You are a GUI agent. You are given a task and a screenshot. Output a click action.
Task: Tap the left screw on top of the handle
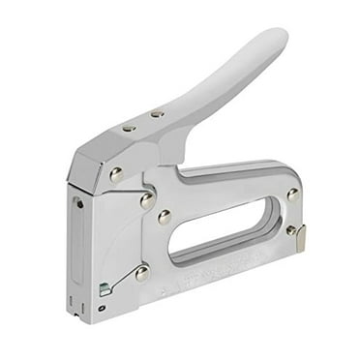[x=130, y=127]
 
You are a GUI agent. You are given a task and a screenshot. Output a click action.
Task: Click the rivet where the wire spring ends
[x=142, y=273]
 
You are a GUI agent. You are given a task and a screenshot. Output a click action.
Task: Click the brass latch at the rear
[x=301, y=238]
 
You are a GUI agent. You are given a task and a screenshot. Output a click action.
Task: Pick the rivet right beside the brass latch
[x=291, y=230]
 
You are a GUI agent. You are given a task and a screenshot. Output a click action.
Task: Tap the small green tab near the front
[x=105, y=288]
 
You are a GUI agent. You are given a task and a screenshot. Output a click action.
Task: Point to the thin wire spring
[x=123, y=281]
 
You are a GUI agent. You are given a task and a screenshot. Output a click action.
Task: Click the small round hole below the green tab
[x=102, y=309]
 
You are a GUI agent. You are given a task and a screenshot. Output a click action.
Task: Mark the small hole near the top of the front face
[x=79, y=203]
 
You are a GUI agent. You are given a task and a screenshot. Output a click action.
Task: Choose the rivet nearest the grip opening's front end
[x=165, y=217]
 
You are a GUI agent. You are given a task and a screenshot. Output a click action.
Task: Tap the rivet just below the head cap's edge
[x=146, y=200]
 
